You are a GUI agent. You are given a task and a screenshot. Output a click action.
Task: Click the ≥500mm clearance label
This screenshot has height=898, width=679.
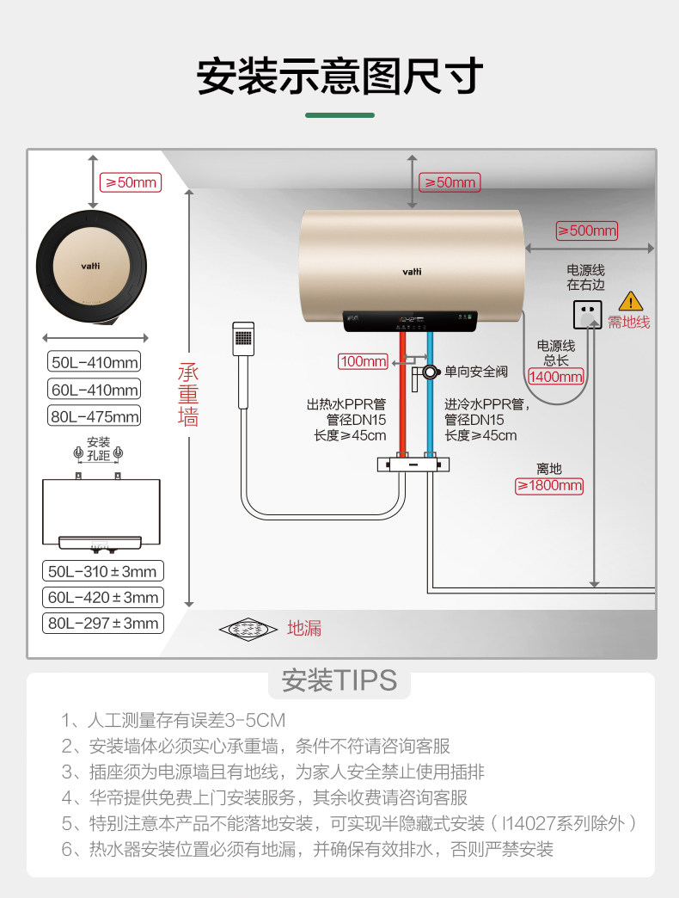click(x=587, y=231)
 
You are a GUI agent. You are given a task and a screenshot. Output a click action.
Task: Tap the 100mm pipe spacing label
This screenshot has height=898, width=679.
click(x=363, y=361)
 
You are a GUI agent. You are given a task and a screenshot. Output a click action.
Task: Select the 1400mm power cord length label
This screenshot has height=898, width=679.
click(x=555, y=376)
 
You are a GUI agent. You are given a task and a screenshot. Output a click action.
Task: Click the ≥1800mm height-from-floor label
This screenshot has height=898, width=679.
click(x=548, y=486)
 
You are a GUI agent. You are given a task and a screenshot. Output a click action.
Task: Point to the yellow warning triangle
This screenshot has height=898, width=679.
click(x=631, y=301)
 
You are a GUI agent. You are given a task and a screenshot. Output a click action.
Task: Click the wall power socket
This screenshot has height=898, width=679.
click(x=588, y=315)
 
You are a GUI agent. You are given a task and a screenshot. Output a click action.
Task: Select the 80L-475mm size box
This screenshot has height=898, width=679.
click(x=95, y=417)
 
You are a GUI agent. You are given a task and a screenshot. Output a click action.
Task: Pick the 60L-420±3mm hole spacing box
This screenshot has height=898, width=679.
click(x=102, y=597)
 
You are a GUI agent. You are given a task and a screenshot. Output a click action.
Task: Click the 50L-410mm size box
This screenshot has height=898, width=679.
click(x=95, y=362)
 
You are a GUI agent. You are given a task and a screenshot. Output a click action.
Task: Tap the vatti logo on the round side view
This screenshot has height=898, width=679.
click(x=90, y=267)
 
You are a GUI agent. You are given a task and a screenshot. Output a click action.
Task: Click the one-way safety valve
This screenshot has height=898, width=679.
click(x=426, y=372)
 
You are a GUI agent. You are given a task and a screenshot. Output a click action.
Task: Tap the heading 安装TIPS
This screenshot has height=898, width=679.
click(x=339, y=680)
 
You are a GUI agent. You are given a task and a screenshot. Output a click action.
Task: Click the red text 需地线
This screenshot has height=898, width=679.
click(x=628, y=323)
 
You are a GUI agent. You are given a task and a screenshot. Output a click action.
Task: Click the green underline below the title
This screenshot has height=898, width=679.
click(x=339, y=114)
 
